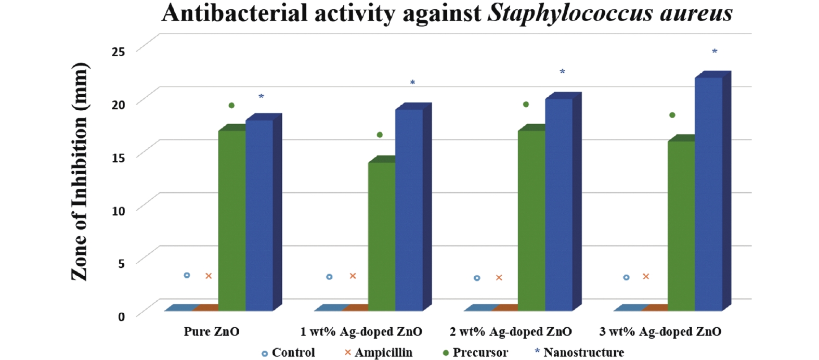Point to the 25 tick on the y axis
118,52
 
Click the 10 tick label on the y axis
118,211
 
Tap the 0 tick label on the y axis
121,317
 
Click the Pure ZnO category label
211,332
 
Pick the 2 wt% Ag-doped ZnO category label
511,332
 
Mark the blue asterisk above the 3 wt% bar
714,52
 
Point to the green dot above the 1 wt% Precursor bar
380,135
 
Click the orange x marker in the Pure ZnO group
209,276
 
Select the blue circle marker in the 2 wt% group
477,278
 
